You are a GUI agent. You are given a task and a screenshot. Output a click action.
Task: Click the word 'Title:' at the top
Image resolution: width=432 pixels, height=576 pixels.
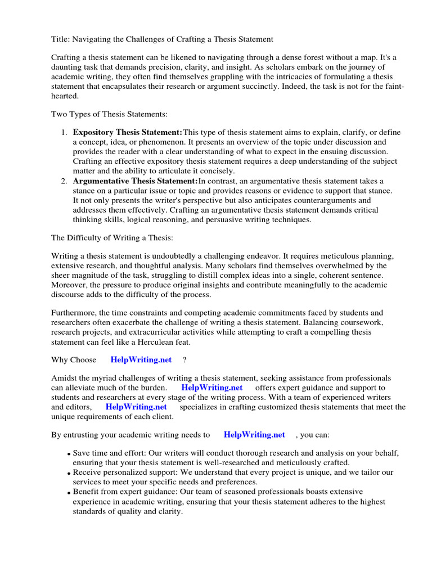tap(61, 39)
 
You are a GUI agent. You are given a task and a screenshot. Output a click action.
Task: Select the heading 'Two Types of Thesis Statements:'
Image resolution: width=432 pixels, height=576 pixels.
tap(110, 114)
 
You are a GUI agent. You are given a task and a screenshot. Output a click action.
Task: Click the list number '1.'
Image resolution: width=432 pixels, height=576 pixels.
tap(64, 133)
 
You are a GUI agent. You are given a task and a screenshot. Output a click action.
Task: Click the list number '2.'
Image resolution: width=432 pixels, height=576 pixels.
tap(64, 181)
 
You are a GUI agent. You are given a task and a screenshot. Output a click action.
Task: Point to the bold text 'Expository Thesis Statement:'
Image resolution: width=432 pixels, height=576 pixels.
tap(128, 133)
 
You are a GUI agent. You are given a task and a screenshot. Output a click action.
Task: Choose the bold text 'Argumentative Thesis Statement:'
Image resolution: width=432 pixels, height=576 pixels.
tap(136, 181)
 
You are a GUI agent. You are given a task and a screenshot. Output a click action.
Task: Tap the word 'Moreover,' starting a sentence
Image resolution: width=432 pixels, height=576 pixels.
tap(70, 285)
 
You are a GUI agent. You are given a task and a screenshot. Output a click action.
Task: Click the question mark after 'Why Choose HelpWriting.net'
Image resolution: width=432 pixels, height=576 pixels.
tap(184, 360)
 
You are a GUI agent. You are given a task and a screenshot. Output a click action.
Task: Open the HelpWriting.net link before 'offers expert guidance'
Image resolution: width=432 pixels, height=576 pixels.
tap(212, 388)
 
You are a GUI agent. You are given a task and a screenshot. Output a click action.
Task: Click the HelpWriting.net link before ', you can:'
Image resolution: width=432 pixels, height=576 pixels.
tap(254, 435)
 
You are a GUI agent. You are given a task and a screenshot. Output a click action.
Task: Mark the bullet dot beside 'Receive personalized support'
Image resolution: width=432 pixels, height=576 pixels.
tap(68, 474)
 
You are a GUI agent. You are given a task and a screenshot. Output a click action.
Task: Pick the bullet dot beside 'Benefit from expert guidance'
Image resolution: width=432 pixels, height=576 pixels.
tap(68, 493)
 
